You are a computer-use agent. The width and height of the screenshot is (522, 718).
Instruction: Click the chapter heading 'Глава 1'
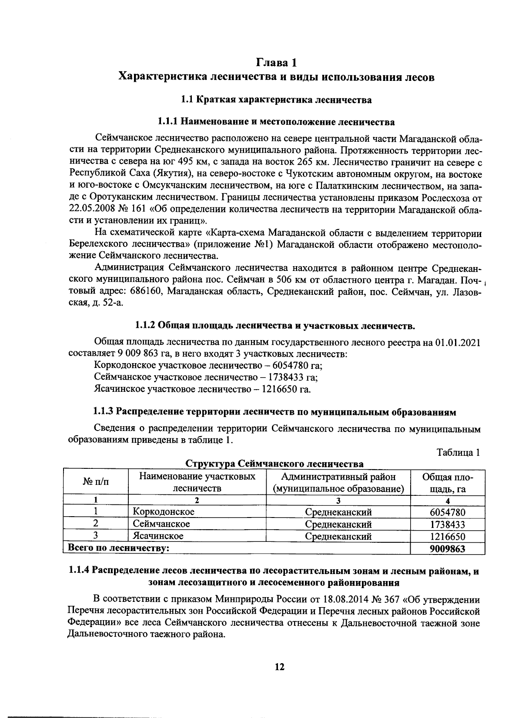pyautogui.click(x=277, y=63)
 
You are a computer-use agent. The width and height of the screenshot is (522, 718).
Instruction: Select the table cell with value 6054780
pyautogui.click(x=447, y=512)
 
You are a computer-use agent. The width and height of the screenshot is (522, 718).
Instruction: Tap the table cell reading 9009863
pyautogui.click(x=447, y=548)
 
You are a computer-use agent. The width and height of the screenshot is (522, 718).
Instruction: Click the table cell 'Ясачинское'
pyautogui.click(x=158, y=536)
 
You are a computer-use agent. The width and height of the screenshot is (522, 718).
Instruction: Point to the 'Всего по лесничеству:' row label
pyautogui.click(x=117, y=548)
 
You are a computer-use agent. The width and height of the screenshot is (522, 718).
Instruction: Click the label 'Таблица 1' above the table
pyautogui.click(x=458, y=452)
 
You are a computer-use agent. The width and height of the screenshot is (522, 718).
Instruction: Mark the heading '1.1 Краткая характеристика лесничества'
pyautogui.click(x=276, y=100)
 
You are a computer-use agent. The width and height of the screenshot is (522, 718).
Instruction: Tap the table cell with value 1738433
pyautogui.click(x=447, y=524)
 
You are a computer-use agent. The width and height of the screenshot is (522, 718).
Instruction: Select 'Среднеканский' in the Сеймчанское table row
pyautogui.click(x=338, y=524)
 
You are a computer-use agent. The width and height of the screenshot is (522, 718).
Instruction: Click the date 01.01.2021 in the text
pyautogui.click(x=457, y=342)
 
